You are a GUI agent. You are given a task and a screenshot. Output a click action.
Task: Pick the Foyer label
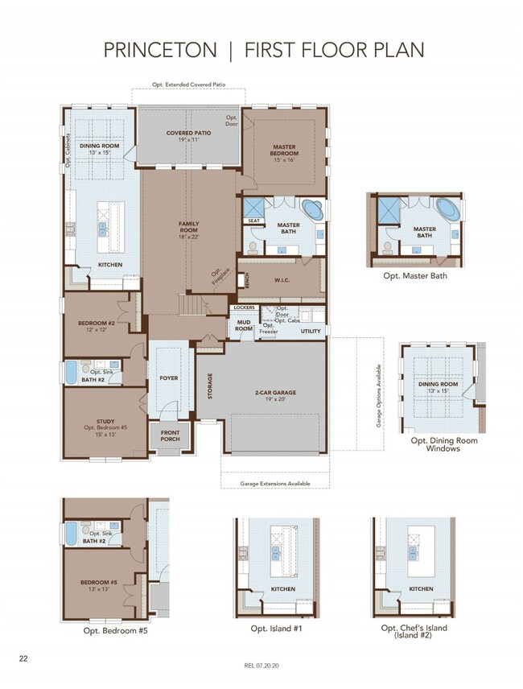[169, 377]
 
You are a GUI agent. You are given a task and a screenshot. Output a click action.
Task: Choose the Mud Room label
[244, 325]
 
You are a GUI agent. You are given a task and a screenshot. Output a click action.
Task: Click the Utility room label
[311, 331]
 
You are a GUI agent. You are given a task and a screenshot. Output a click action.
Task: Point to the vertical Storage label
[211, 386]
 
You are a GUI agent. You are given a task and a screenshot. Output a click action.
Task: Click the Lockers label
[244, 307]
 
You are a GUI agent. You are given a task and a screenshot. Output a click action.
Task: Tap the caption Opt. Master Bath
[415, 276]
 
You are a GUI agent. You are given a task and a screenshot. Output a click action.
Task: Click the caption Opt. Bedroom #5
[116, 630]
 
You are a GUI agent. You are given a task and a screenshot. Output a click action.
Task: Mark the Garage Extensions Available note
[274, 484]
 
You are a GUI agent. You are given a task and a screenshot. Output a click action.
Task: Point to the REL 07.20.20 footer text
[261, 666]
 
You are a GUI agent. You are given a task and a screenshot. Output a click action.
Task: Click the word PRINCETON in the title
[159, 51]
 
